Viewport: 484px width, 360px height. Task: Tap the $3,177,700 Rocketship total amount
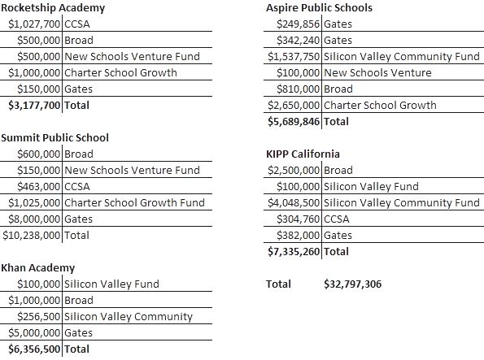tap(34, 105)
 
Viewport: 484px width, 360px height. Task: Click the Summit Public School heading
tap(55, 137)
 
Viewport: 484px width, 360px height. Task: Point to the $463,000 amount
tap(40, 186)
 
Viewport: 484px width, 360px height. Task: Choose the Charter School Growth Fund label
tap(134, 202)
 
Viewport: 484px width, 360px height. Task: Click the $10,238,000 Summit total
tap(32, 235)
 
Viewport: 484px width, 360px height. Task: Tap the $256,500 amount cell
tap(40, 316)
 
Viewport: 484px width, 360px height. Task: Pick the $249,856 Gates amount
tap(300, 24)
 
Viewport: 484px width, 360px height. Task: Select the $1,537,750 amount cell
tap(294, 56)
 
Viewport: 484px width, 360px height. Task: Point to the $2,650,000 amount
tap(294, 105)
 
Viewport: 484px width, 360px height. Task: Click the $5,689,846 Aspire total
tap(294, 121)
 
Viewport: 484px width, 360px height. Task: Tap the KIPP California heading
tap(303, 154)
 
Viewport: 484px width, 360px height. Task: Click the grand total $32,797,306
tap(352, 284)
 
